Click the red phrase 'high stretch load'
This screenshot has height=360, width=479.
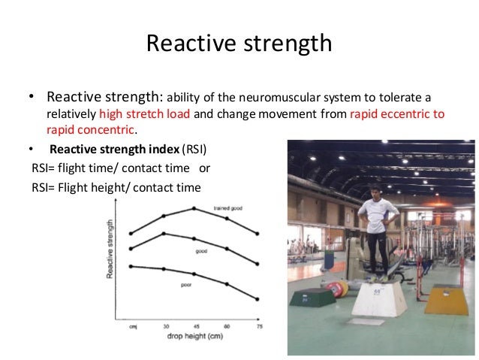[145, 114]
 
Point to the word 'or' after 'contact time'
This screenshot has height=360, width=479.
[204, 168]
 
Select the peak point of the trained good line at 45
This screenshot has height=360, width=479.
[194, 208]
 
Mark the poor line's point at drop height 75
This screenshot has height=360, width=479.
[258, 298]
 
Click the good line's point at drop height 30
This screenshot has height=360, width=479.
[163, 234]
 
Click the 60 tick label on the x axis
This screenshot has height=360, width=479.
[227, 327]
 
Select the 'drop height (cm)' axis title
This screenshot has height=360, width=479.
[194, 337]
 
